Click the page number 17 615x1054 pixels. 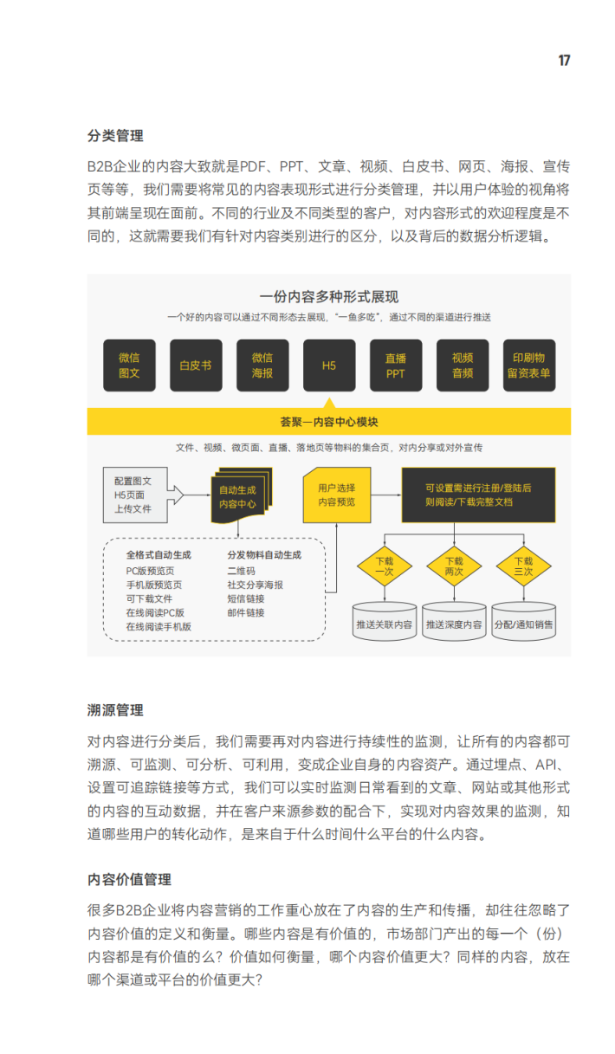coord(564,61)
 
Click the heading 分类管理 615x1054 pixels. coord(115,135)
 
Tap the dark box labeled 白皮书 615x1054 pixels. coord(196,365)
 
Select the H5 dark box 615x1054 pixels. coord(329,365)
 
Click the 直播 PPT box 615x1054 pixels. coord(396,365)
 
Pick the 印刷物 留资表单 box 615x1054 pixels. coord(529,365)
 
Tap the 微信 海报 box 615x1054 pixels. coord(262,365)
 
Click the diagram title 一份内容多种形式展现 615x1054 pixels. coord(329,297)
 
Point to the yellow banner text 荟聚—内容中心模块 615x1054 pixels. coord(329,422)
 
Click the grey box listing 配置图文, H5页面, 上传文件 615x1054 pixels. coord(135,495)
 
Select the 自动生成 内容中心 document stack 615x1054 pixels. coord(242,495)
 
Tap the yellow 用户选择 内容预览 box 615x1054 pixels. coord(336,495)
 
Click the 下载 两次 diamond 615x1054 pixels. coord(454,566)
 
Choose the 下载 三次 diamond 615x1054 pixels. coord(523,566)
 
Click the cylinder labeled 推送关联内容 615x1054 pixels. coord(385,621)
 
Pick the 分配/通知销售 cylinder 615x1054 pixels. coord(523,621)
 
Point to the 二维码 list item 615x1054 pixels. coord(242,571)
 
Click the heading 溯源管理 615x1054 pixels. coord(115,710)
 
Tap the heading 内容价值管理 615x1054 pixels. coord(129,879)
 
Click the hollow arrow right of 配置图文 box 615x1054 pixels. coord(175,495)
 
